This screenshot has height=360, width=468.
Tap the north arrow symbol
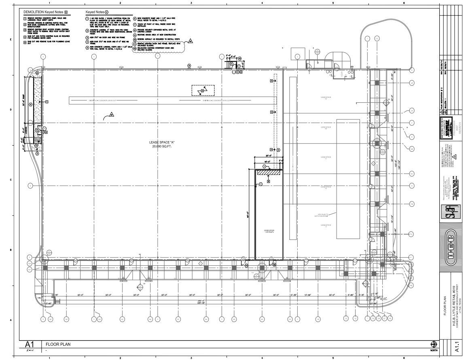[434, 344]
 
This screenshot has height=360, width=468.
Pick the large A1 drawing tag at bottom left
[30, 345]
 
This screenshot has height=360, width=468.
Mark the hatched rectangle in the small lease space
[269, 172]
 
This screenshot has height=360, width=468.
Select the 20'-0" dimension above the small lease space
[268, 156]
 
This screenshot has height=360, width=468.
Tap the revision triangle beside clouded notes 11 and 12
[191, 41]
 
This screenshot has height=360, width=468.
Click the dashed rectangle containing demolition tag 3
[203, 90]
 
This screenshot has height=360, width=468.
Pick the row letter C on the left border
[11, 180]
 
